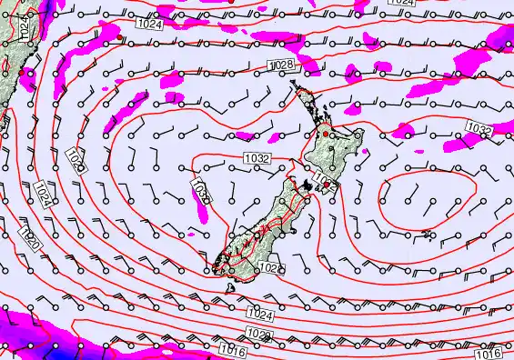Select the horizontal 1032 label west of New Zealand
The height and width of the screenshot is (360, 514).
(257, 158)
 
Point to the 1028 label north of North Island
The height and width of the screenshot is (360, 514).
(282, 65)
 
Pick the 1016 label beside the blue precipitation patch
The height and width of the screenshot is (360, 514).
(232, 348)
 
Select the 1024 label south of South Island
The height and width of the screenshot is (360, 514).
(259, 315)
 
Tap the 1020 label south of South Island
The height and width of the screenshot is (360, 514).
(260, 335)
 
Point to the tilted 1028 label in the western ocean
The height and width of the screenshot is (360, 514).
(77, 163)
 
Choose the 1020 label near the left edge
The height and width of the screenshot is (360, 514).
(28, 239)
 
